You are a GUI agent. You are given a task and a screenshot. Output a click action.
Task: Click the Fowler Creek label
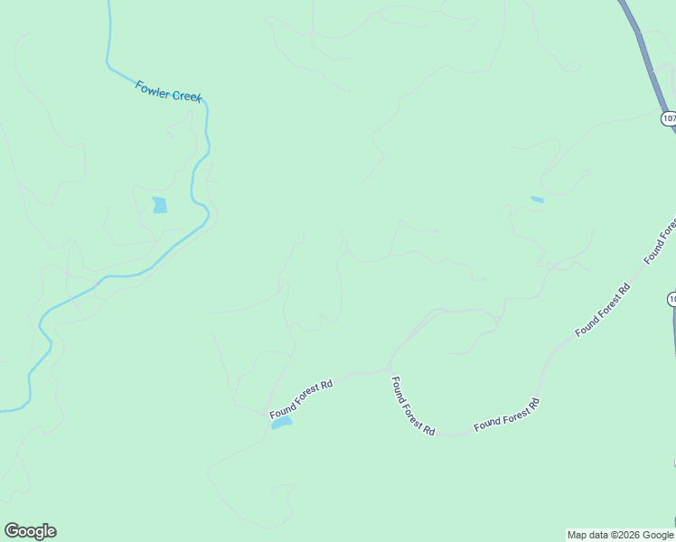coord(169,91)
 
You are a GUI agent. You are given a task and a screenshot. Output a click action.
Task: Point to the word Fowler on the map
coord(153,89)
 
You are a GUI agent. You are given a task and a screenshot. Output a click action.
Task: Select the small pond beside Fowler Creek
coord(160,205)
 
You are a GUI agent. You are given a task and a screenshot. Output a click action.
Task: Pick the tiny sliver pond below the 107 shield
coord(537,200)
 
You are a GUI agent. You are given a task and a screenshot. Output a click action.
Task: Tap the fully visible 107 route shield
coord(669,118)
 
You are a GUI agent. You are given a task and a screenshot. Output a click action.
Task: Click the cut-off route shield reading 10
coord(671,299)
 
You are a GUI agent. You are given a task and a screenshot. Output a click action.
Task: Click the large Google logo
coord(30,531)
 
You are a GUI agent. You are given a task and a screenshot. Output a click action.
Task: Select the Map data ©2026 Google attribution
coord(621,535)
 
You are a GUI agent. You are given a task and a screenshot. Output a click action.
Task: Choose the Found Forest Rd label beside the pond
coord(302,398)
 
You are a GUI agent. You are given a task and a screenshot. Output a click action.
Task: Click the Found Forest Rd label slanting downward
coord(413,407)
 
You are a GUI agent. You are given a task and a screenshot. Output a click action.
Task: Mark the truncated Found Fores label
coord(660,241)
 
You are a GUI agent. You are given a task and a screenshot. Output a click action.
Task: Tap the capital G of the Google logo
coord(12,531)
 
